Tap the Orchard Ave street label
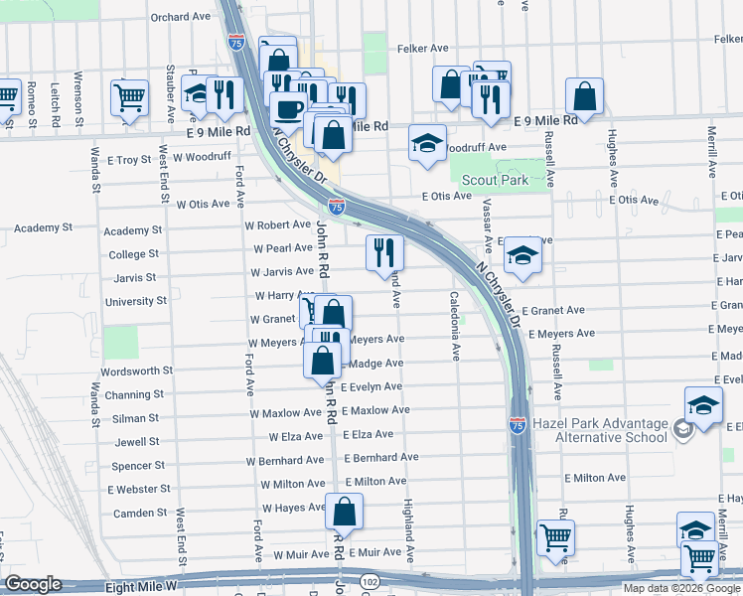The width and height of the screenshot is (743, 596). [x=182, y=17]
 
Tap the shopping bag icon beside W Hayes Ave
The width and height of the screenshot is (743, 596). [x=344, y=513]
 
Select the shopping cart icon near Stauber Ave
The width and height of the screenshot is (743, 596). [x=130, y=97]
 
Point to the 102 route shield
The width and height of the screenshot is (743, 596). [x=370, y=581]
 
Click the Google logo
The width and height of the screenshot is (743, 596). [x=33, y=585]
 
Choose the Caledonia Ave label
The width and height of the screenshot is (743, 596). [x=455, y=325]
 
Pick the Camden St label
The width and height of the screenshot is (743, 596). [x=140, y=513]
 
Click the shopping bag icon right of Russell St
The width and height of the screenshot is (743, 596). [x=585, y=97]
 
